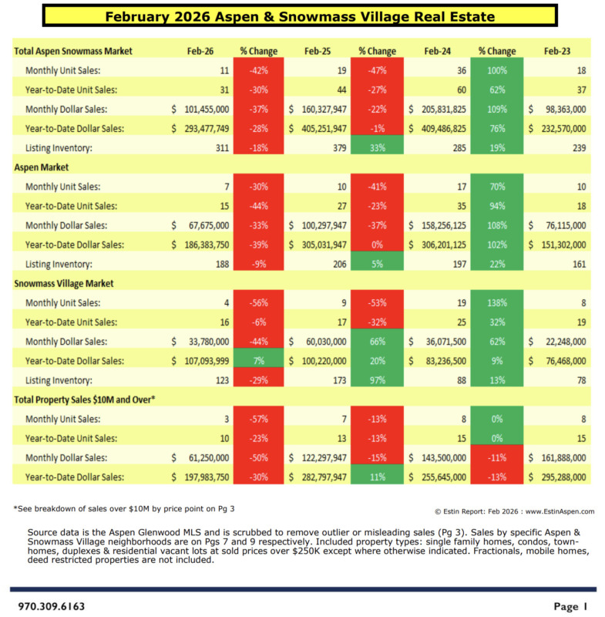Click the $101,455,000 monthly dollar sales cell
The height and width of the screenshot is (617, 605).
(197, 110)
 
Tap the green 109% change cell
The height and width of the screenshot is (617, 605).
(497, 110)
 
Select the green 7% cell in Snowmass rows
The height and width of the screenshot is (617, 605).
(259, 361)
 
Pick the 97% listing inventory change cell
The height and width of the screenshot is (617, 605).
(378, 380)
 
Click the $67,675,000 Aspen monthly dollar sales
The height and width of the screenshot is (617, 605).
(200, 225)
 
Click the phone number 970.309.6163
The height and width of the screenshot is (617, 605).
(52, 606)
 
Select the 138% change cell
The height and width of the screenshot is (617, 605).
(497, 303)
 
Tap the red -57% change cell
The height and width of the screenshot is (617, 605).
(259, 420)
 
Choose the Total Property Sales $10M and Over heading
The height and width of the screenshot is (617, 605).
(85, 400)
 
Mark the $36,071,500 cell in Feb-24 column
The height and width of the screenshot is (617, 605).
(439, 342)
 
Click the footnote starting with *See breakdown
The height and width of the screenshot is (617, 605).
(115, 510)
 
